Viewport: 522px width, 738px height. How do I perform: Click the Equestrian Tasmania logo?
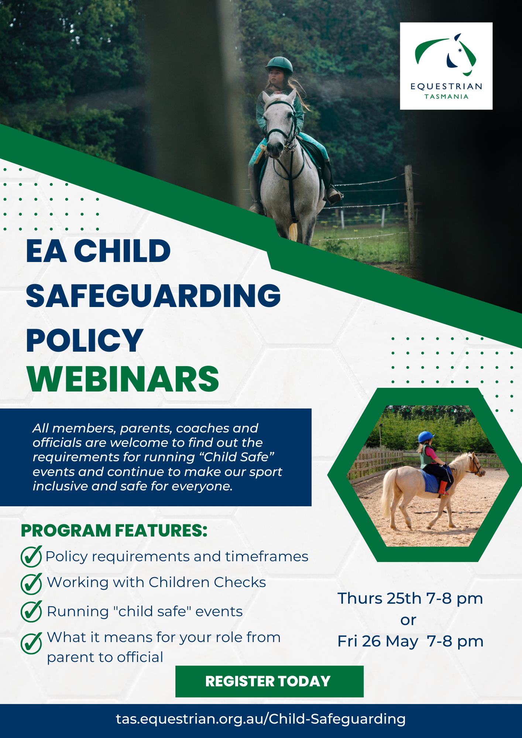(446, 66)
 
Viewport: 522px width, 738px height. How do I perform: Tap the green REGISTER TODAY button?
(269, 681)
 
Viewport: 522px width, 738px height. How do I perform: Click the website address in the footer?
(261, 719)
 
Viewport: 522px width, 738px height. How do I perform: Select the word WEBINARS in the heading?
(123, 379)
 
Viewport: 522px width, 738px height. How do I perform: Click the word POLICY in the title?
(85, 340)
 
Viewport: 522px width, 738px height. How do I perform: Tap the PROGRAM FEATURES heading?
(114, 531)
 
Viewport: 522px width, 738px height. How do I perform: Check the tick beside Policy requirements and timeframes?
(31, 556)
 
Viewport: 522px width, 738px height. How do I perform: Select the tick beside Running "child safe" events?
(31, 611)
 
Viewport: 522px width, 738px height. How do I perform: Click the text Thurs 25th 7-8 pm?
(410, 599)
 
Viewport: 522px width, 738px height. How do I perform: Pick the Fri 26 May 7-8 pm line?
(410, 641)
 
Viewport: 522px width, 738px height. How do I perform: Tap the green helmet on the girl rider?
(279, 65)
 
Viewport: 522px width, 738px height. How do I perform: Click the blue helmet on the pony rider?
(426, 437)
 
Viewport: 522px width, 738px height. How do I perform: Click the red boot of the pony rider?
(443, 487)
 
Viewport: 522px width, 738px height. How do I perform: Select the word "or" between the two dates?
(408, 620)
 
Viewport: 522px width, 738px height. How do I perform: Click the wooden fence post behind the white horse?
(410, 214)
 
